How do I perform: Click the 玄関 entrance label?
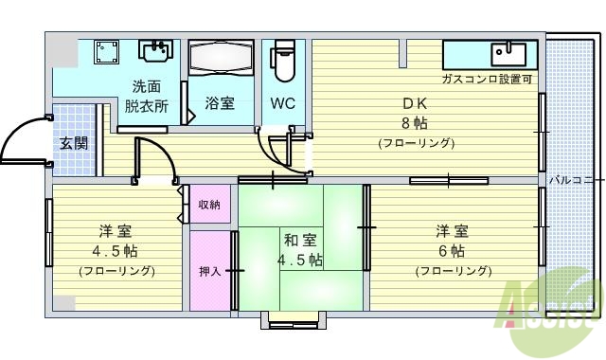74,144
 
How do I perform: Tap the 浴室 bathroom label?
220,103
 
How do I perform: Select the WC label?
282,103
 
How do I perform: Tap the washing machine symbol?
105,52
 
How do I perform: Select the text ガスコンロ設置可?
487,80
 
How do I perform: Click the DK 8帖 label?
416,114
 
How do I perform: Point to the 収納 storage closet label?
210,205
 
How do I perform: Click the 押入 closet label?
209,271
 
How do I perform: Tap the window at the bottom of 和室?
294,320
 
